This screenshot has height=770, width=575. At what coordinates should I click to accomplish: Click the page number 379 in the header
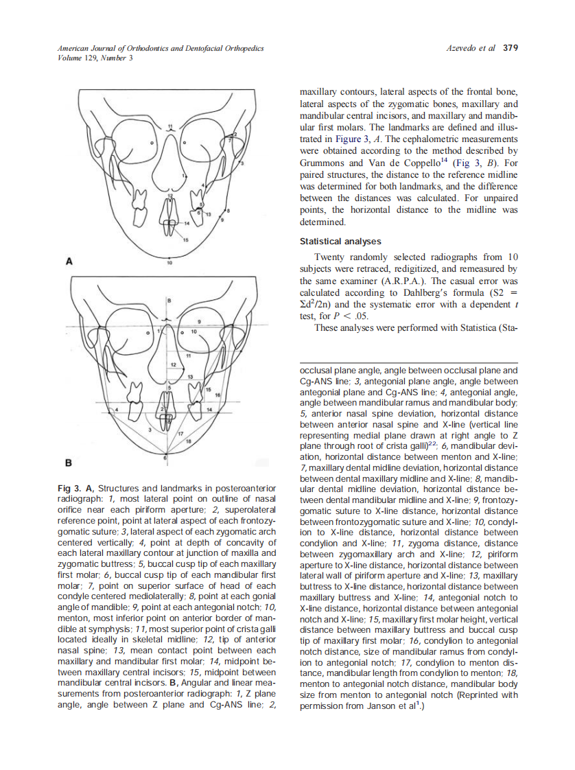click(x=510, y=49)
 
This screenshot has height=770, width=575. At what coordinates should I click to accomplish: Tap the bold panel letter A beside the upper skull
click(x=69, y=261)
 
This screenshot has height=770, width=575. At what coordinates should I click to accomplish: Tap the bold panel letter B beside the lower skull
click(x=69, y=461)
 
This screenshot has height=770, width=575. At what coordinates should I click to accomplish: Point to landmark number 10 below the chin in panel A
click(x=169, y=263)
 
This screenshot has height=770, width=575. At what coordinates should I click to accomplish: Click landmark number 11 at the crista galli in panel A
click(x=170, y=126)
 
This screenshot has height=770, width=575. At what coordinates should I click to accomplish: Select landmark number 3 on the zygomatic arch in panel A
click(x=242, y=164)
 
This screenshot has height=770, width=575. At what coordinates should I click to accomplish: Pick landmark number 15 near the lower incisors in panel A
click(x=185, y=239)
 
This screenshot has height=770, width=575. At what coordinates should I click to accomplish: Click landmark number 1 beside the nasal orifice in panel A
click(x=183, y=176)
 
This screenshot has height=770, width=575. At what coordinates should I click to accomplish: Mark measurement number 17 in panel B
click(x=180, y=434)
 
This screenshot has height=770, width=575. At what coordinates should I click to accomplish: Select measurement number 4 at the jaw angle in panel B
click(x=117, y=409)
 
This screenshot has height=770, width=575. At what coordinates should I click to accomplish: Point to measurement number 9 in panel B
click(x=199, y=321)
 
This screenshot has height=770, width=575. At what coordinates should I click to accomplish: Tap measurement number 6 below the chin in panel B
click(x=165, y=456)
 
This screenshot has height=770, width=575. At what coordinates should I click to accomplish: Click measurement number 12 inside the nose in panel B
click(x=174, y=362)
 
